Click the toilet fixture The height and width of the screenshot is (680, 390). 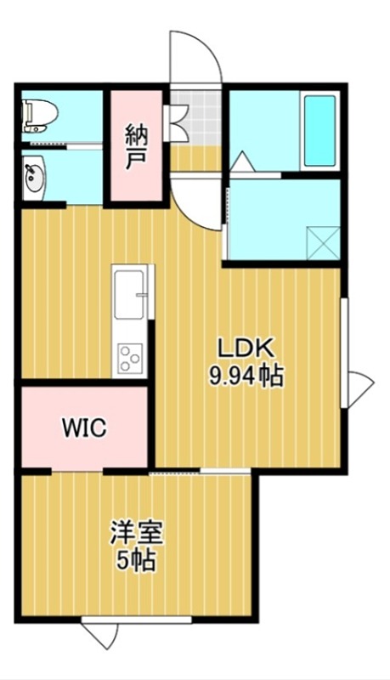tap(35, 116)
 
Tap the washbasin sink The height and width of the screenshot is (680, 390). tap(33, 178)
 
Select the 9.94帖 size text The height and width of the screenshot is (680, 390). tap(246, 374)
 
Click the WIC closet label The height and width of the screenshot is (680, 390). tap(83, 428)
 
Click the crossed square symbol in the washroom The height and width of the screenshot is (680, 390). tap(323, 241)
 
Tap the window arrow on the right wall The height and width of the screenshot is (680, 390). tap(360, 387)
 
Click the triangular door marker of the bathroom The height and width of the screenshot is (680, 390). tap(241, 161)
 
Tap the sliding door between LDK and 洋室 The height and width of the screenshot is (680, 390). tap(200, 470)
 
